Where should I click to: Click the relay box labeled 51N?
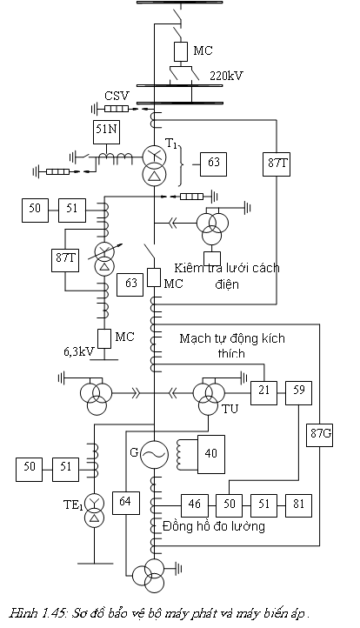click(106, 131)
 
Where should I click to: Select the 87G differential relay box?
click(320, 434)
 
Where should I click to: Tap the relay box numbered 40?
click(210, 454)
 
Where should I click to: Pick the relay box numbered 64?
click(126, 502)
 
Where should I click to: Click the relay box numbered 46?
click(195, 505)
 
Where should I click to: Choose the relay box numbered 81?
click(299, 505)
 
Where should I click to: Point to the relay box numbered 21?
click(263, 393)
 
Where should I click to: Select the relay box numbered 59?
click(299, 393)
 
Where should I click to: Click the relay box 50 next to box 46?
click(229, 505)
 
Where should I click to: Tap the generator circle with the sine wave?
click(154, 454)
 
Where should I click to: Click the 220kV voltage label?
click(227, 76)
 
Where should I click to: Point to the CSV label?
click(117, 97)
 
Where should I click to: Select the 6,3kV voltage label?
click(78, 351)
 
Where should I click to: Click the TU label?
click(230, 409)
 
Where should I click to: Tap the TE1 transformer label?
click(73, 505)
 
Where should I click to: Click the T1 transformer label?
click(171, 144)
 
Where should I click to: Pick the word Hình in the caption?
click(23, 613)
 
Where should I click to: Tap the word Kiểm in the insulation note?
click(189, 268)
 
